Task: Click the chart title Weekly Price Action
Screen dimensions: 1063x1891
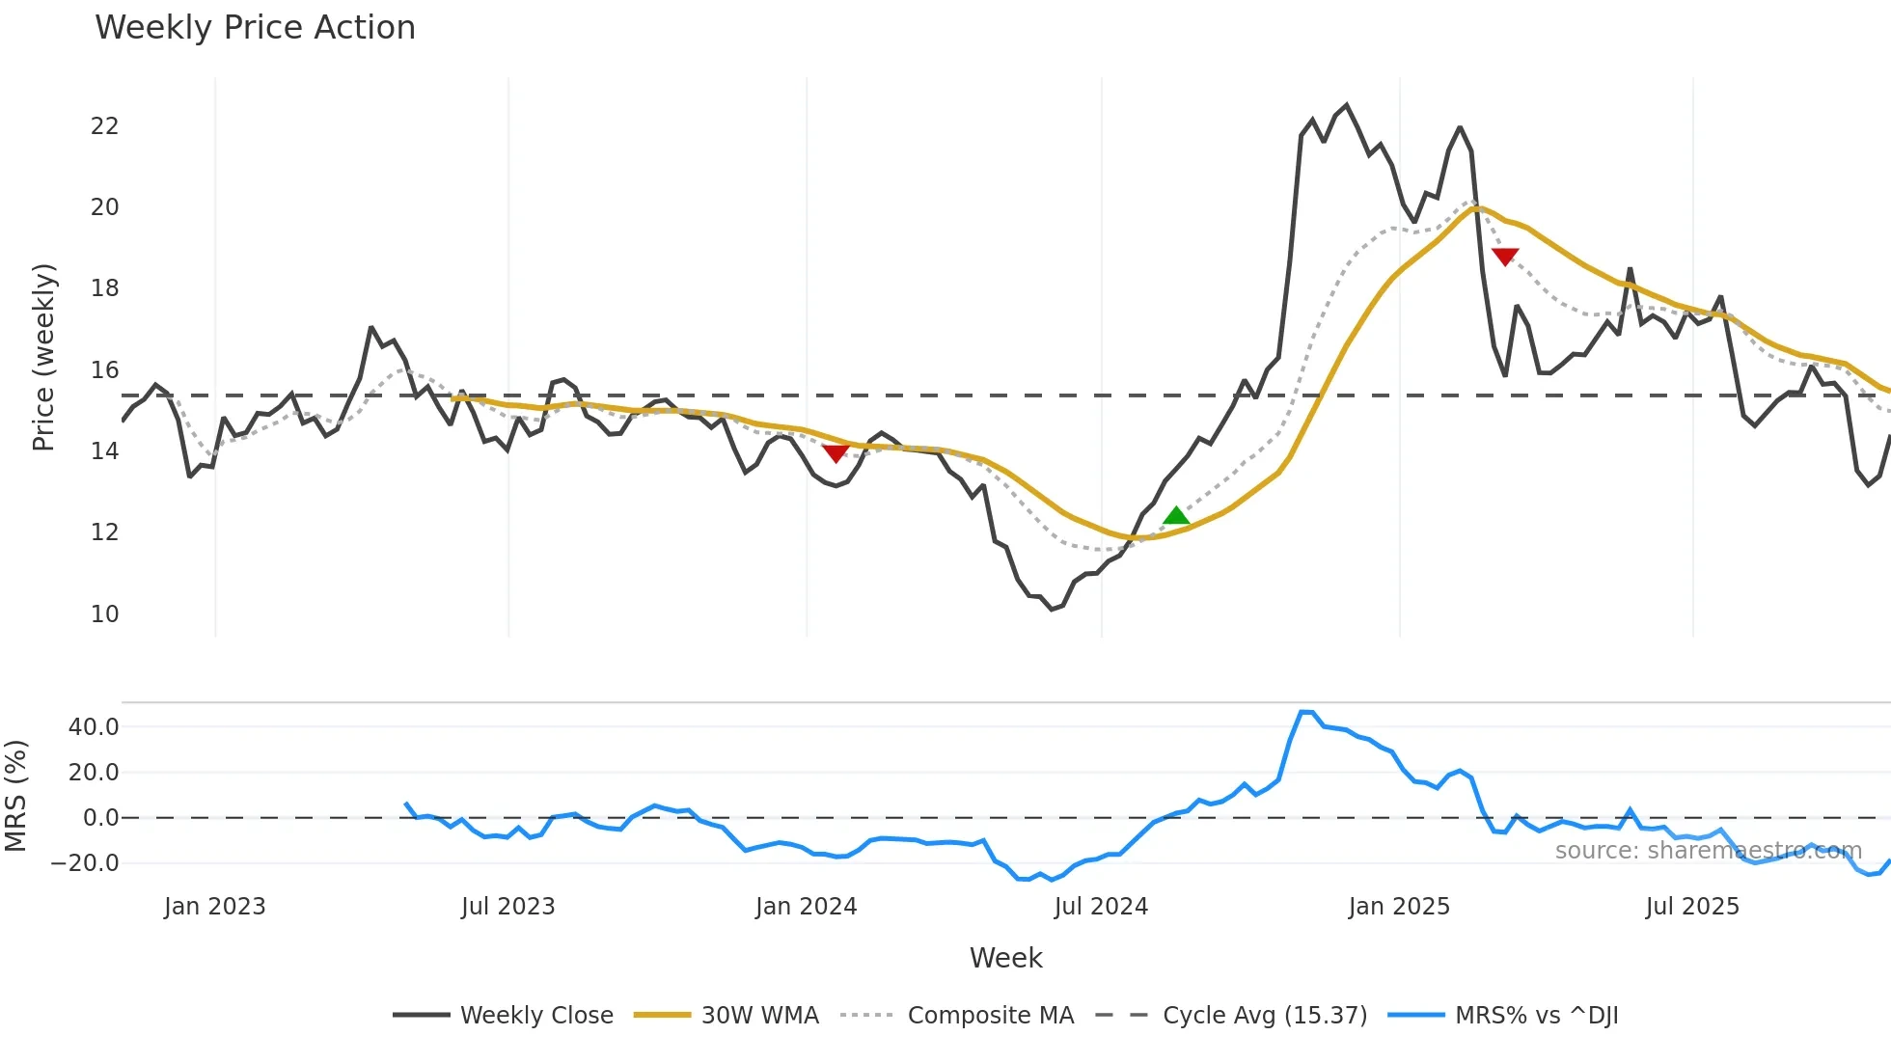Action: click(255, 28)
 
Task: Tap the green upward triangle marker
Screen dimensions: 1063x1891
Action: click(1176, 516)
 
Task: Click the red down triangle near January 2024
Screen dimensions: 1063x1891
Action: click(836, 452)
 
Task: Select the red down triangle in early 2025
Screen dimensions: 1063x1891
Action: click(1505, 256)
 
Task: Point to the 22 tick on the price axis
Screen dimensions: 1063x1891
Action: click(104, 126)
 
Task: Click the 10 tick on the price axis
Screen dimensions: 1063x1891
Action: click(104, 614)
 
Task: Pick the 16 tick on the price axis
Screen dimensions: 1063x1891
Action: click(104, 370)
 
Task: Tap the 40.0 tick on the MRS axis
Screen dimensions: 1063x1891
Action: click(94, 727)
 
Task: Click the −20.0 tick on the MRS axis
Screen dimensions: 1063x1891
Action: click(85, 863)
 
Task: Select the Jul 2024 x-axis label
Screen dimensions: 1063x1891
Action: click(1101, 907)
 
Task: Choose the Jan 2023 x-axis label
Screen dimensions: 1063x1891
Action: click(214, 907)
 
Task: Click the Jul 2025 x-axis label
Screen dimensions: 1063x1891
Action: click(1692, 907)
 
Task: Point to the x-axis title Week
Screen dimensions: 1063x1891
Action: click(1005, 958)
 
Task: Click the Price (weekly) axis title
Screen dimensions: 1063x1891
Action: click(44, 357)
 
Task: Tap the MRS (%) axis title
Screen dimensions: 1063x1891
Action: click(16, 796)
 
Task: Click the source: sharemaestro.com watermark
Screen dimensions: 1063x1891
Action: click(1708, 851)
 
